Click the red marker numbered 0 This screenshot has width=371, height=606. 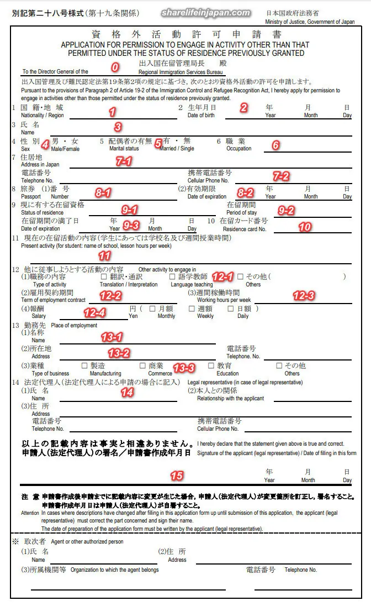point(115,67)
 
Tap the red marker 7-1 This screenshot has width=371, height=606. point(124,161)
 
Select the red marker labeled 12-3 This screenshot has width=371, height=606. point(304,296)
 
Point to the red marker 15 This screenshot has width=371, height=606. point(177,476)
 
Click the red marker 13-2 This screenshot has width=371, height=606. point(119,353)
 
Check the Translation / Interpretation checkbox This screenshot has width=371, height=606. point(104,276)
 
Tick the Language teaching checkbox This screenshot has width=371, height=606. point(172,276)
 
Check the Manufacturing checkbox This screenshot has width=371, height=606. point(84,365)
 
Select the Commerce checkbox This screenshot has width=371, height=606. point(142,365)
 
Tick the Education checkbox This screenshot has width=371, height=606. point(211,365)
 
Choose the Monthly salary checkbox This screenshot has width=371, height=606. point(152,309)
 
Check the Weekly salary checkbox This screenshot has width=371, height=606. point(192,309)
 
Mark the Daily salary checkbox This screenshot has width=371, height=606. point(231,309)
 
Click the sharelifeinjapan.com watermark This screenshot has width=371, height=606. point(205,13)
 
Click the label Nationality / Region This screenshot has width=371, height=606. point(42,116)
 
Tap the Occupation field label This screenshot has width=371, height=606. point(239,149)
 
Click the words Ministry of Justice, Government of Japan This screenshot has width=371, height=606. point(309,22)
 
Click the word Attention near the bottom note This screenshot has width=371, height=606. point(30,513)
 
